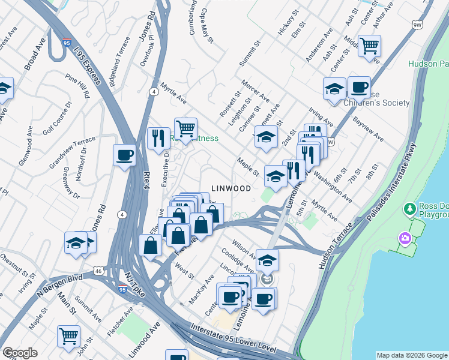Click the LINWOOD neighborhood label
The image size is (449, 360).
tap(231, 188)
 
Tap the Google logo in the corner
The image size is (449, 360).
tap(20, 353)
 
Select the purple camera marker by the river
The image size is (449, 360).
tap(405, 239)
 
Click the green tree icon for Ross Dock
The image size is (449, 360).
tap(411, 209)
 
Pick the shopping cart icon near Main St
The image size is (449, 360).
tap(69, 335)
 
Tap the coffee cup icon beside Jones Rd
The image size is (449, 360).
tap(124, 155)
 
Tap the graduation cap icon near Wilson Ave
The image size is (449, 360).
tap(268, 260)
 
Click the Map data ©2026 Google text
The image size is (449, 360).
tap(411, 355)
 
